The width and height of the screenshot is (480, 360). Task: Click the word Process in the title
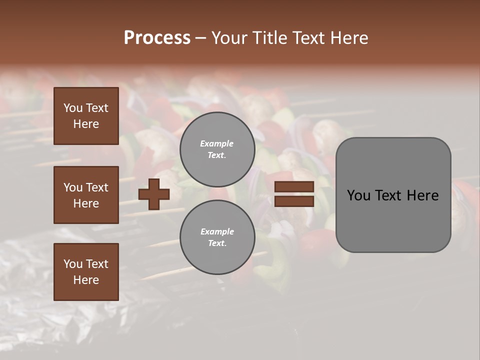[x=157, y=38]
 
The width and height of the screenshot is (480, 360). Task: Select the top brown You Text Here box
[x=86, y=116]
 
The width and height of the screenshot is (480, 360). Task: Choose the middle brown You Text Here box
[x=86, y=195]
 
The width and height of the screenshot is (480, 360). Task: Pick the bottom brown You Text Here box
[x=86, y=272]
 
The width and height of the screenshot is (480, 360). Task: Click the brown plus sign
[x=154, y=194]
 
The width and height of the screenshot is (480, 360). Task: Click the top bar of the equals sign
[x=294, y=186]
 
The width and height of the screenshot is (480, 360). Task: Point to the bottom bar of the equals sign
[x=294, y=201]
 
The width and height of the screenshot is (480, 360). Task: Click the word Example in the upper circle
[x=216, y=144]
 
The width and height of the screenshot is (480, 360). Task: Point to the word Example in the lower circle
[x=217, y=231]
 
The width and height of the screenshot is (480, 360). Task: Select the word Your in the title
[x=227, y=38]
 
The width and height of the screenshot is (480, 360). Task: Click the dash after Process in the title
[x=201, y=38]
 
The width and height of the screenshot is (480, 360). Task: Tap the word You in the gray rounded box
[x=359, y=195]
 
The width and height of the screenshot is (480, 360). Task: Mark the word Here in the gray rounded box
[x=422, y=195]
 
